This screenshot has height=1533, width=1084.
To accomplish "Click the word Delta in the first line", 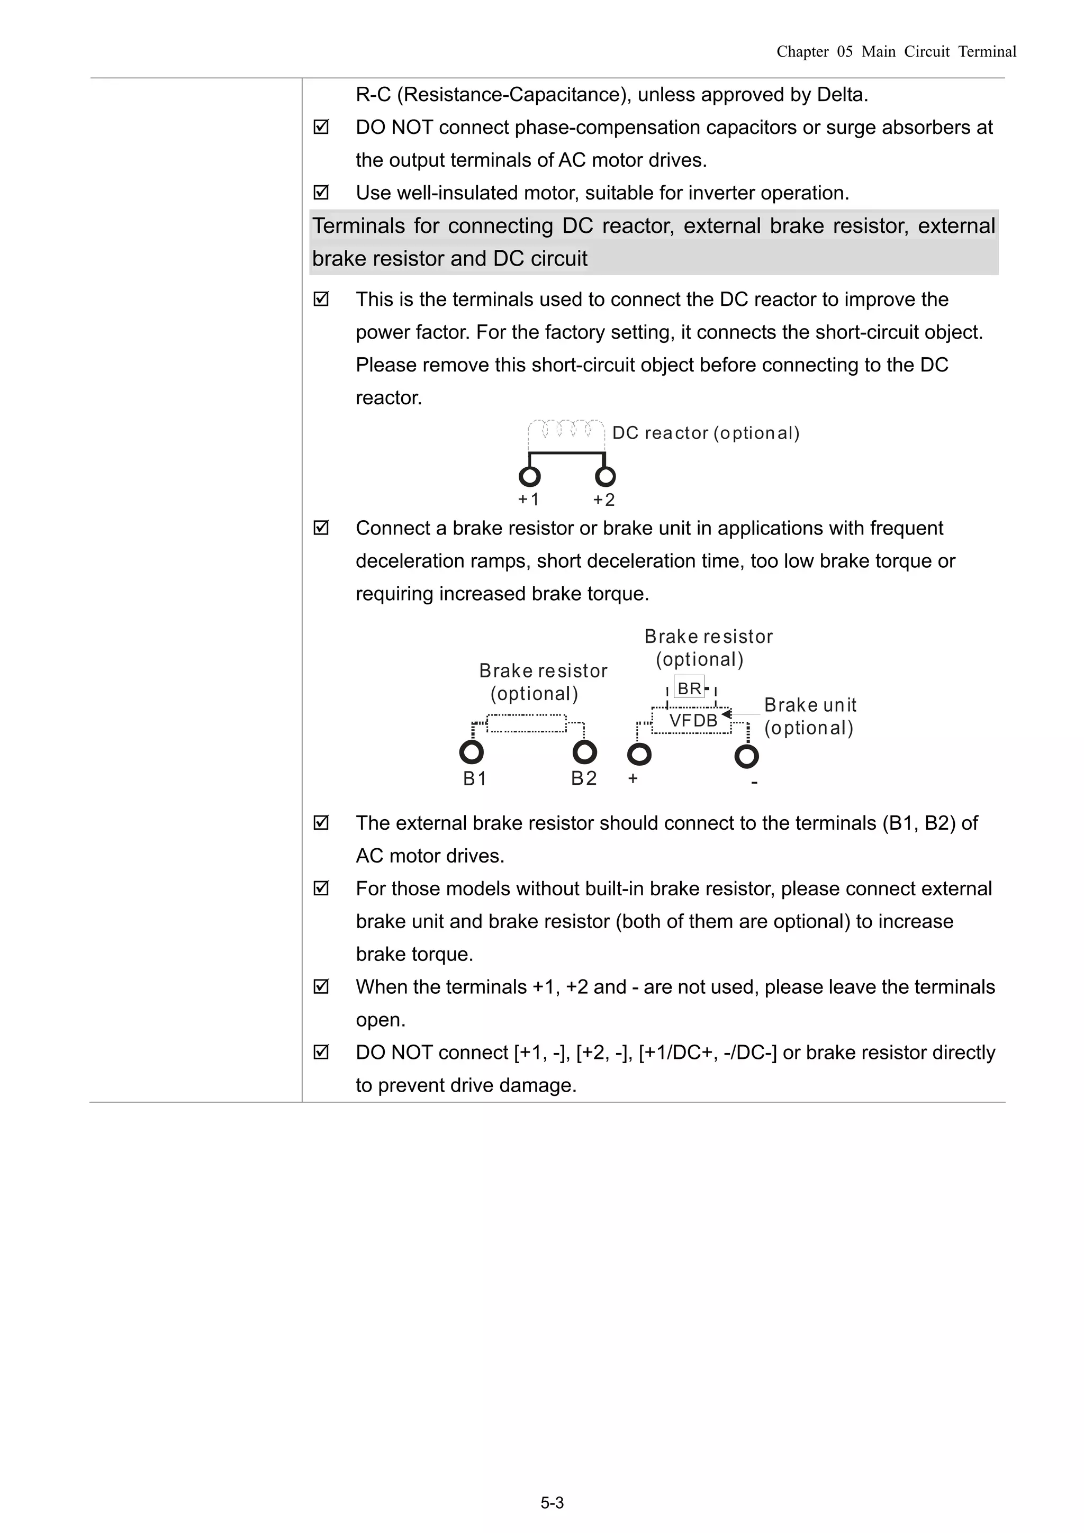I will [841, 95].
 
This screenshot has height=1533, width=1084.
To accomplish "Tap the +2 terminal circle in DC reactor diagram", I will [605, 477].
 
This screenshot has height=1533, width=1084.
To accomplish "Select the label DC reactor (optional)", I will [706, 433].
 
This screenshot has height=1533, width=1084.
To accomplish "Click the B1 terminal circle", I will [472, 752].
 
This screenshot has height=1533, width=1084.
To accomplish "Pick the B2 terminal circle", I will [584, 752].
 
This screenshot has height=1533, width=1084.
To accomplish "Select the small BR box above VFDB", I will [689, 688].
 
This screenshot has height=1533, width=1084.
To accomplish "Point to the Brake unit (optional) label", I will [809, 716].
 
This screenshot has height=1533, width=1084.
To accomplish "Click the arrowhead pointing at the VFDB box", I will [726, 714].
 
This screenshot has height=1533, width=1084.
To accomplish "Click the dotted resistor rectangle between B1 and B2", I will [526, 724].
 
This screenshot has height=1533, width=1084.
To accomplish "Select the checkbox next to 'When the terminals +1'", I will [321, 987].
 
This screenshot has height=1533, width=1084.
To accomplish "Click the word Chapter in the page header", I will [802, 52].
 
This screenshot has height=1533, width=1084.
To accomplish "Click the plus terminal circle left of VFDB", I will [639, 755].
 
